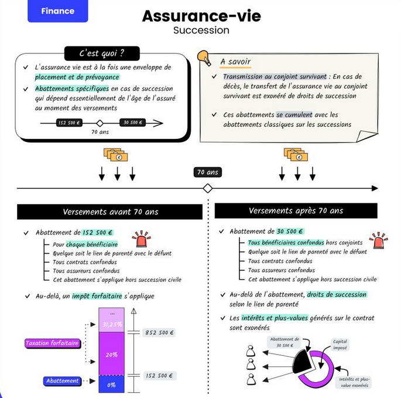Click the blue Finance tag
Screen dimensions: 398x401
(57, 11)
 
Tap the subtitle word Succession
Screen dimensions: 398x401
(201, 30)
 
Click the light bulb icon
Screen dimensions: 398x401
(204, 58)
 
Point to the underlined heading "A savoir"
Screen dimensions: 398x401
(235, 62)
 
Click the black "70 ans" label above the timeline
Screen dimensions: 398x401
(207, 172)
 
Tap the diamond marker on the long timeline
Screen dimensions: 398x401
(207, 188)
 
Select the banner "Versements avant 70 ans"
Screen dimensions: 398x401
(110, 212)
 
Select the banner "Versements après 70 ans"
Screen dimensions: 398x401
(296, 210)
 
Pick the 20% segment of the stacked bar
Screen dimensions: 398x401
(112, 355)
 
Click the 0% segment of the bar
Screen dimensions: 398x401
(112, 385)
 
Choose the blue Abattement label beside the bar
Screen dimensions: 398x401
(63, 381)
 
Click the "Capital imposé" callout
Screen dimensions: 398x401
(340, 345)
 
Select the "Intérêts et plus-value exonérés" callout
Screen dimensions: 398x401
(354, 382)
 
